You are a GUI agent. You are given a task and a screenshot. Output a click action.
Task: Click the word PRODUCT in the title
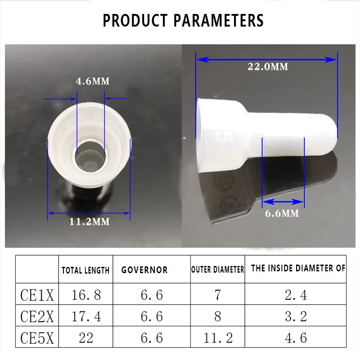135,20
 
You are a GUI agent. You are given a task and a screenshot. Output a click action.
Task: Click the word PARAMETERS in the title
218,20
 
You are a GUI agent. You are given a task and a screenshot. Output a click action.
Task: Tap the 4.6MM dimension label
93,81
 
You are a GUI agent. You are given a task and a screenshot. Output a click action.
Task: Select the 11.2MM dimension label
90,221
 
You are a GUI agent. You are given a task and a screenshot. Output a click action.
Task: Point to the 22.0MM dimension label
268,67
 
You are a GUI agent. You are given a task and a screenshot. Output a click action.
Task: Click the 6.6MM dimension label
282,213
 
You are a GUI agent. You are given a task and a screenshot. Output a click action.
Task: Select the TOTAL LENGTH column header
85,270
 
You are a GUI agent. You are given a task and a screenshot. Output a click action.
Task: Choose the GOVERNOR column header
144,270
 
